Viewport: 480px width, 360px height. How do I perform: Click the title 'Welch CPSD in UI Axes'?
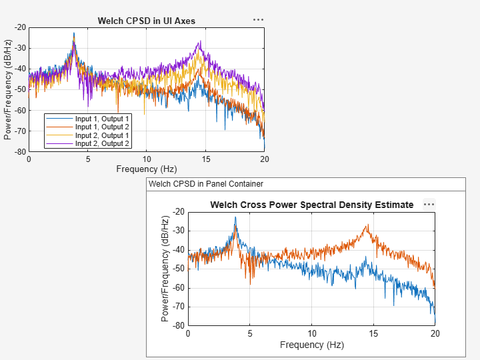pyautogui.click(x=146, y=21)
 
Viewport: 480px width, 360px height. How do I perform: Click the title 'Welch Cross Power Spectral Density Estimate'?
pyautogui.click(x=311, y=205)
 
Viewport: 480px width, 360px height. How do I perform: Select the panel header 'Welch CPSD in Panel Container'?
pyautogui.click(x=206, y=183)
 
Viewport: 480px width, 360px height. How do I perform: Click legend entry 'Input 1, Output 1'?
pyautogui.click(x=102, y=119)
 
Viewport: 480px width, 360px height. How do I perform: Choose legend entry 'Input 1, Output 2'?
pyautogui.click(x=102, y=127)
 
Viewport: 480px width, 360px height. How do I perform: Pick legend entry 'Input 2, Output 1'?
pyautogui.click(x=102, y=135)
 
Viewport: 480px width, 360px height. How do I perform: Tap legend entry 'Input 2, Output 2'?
pyautogui.click(x=102, y=143)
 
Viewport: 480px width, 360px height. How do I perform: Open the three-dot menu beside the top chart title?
pyautogui.click(x=258, y=20)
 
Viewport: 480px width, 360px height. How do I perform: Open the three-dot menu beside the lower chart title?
pyautogui.click(x=429, y=205)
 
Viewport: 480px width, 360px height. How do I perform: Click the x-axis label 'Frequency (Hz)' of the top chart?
pyautogui.click(x=146, y=169)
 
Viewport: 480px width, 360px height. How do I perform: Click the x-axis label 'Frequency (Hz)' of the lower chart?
pyautogui.click(x=311, y=345)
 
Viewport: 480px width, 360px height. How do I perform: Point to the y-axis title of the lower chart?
pyautogui.click(x=165, y=268)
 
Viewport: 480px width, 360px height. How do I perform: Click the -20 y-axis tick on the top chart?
pyautogui.click(x=20, y=27)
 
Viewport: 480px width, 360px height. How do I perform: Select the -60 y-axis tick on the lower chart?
pyautogui.click(x=179, y=288)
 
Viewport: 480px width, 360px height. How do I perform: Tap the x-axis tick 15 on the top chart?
pyautogui.click(x=205, y=159)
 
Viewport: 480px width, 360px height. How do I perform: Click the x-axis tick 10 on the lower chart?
pyautogui.click(x=311, y=333)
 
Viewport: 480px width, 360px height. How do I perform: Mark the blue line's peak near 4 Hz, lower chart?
pyautogui.click(x=235, y=217)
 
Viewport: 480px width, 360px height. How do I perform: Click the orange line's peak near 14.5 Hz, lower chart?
pyautogui.click(x=367, y=225)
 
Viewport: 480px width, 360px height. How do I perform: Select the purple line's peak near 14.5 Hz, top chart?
pyautogui.click(x=199, y=41)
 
